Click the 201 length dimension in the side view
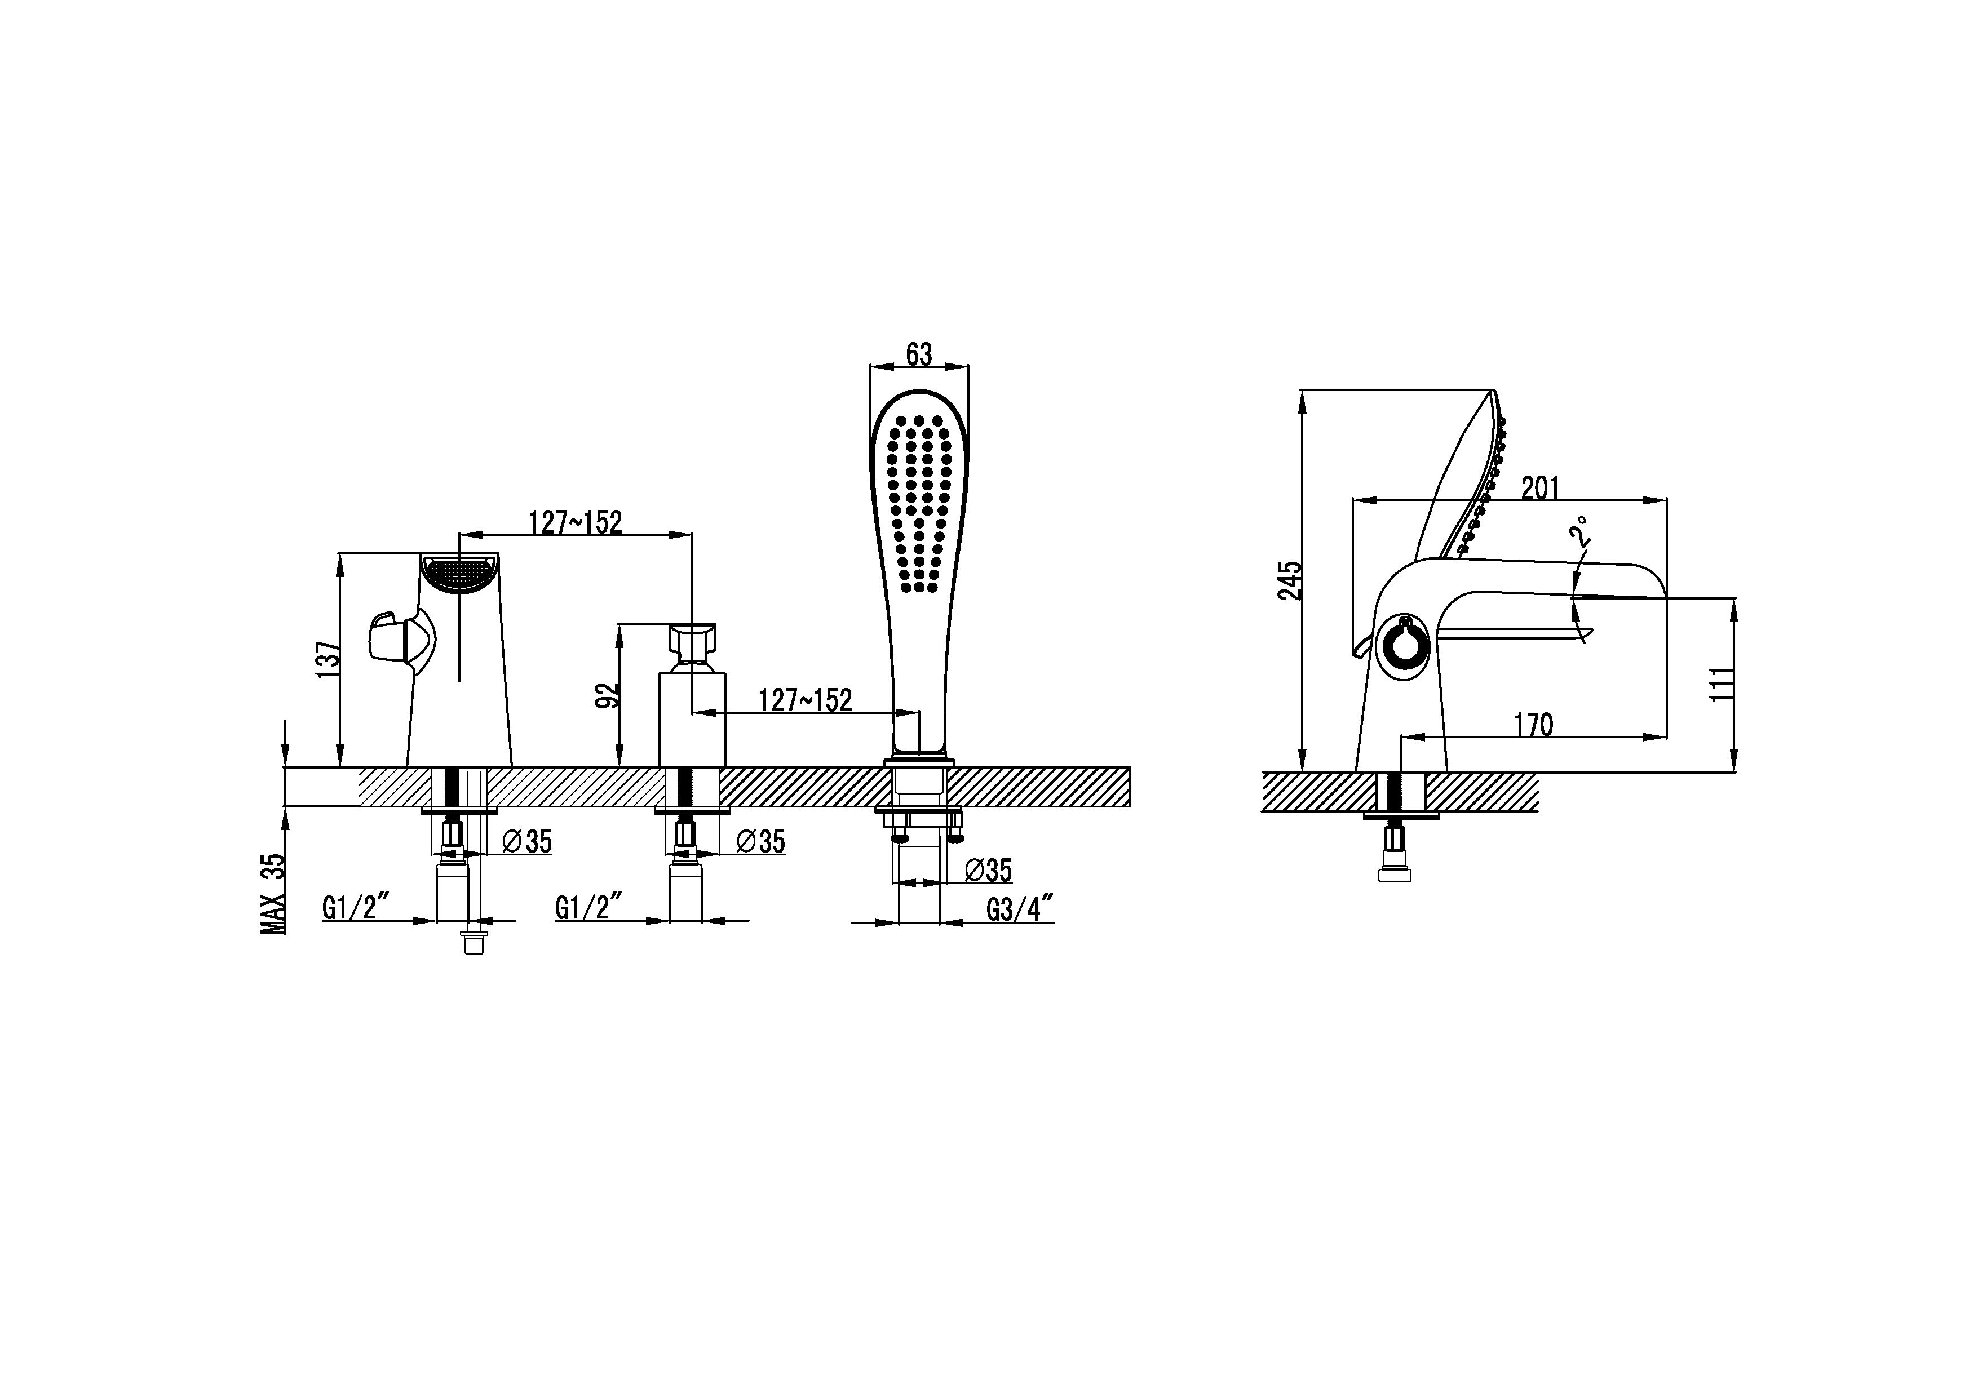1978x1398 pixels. pyautogui.click(x=1541, y=489)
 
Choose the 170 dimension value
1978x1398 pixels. pyautogui.click(x=1534, y=725)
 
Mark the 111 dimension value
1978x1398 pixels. pyautogui.click(x=1720, y=685)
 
